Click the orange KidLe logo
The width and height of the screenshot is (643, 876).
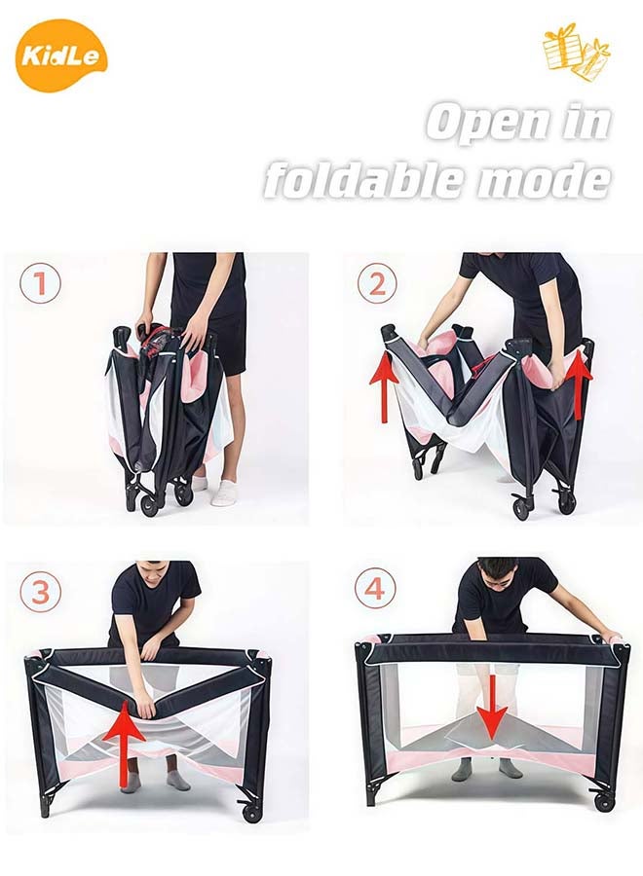click(x=61, y=55)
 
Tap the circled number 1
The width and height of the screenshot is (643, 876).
click(x=40, y=283)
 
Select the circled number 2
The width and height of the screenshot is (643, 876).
click(x=377, y=284)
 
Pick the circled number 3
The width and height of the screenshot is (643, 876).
click(x=40, y=592)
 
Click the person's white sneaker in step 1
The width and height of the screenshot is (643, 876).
click(x=225, y=493)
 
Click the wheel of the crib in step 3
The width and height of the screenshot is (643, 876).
click(x=253, y=810)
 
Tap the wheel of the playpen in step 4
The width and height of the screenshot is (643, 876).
click(x=605, y=801)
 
